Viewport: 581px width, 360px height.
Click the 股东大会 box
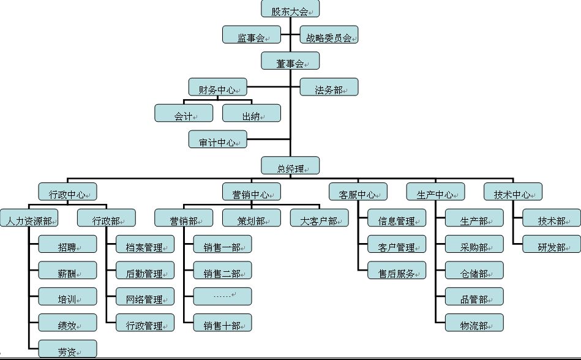(x=290, y=9)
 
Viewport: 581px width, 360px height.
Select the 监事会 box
(x=251, y=35)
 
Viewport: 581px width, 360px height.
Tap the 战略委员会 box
(x=329, y=35)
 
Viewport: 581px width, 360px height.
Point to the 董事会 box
(x=290, y=61)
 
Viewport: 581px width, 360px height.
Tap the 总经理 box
(x=290, y=166)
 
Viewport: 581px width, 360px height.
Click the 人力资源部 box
(x=29, y=218)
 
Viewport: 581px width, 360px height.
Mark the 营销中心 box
(x=252, y=192)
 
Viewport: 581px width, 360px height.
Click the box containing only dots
(x=222, y=296)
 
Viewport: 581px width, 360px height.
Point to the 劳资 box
(x=67, y=348)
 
